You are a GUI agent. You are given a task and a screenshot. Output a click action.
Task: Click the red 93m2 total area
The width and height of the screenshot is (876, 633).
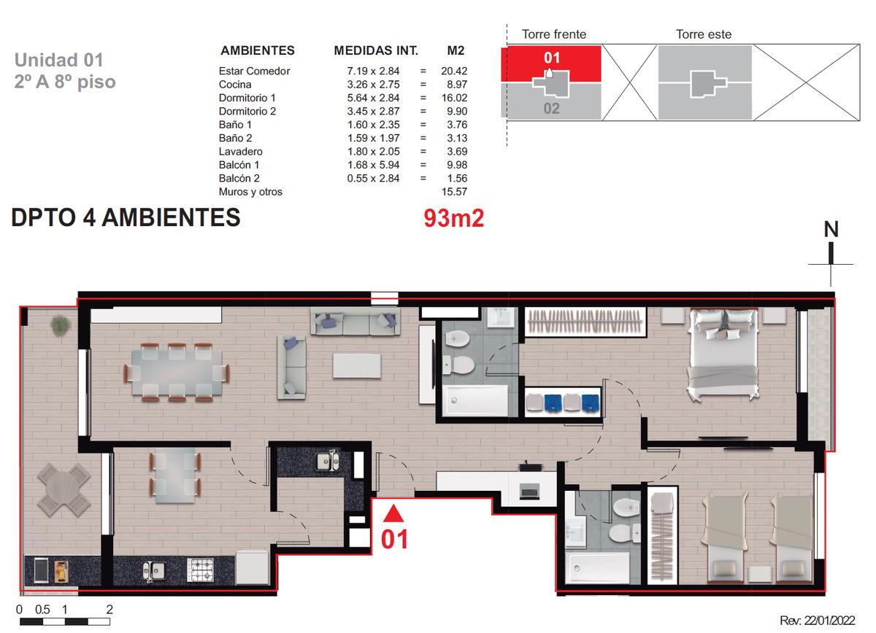coord(453,218)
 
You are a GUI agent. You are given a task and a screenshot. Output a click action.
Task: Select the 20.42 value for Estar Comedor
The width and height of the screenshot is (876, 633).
coord(454,71)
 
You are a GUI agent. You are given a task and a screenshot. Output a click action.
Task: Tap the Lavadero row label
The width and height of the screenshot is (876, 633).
coord(240,151)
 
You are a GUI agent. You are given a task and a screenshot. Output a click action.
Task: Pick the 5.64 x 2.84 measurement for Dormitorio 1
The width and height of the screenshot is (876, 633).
coord(373,98)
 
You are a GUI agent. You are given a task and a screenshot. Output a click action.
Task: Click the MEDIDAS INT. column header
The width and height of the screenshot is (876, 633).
coord(376,50)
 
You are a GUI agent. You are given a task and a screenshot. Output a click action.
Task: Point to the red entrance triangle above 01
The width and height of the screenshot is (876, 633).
coord(393,513)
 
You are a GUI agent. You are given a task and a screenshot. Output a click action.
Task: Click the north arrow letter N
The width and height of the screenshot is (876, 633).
coord(831,229)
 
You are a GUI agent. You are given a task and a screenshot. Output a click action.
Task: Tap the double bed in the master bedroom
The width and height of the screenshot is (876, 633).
coord(724,354)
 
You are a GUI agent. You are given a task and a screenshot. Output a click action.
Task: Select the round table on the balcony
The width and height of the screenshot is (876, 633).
coord(64,490)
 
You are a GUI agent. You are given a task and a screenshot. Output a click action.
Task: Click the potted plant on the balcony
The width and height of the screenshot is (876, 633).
coord(61,325)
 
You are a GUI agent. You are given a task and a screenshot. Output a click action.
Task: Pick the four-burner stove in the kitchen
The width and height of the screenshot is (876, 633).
coord(200,570)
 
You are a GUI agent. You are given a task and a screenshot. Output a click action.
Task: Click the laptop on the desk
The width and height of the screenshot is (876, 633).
coord(529,492)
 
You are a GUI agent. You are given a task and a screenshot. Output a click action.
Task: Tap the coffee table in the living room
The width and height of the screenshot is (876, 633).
coord(357,366)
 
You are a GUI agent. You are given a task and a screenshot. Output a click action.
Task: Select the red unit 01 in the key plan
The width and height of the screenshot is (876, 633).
coord(551,63)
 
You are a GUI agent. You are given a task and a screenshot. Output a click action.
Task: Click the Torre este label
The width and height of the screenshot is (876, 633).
coord(704,34)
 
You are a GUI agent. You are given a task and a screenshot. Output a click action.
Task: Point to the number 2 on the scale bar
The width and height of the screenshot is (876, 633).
coord(109,609)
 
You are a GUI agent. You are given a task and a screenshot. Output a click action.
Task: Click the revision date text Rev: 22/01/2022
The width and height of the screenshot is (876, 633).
coord(818,620)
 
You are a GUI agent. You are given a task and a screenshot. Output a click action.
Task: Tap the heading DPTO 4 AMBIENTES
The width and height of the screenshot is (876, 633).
coord(126,217)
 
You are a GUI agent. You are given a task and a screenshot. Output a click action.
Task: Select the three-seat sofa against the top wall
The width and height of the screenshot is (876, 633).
coord(355,321)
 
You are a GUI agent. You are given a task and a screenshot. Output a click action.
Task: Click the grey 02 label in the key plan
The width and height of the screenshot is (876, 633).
coord(551,108)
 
